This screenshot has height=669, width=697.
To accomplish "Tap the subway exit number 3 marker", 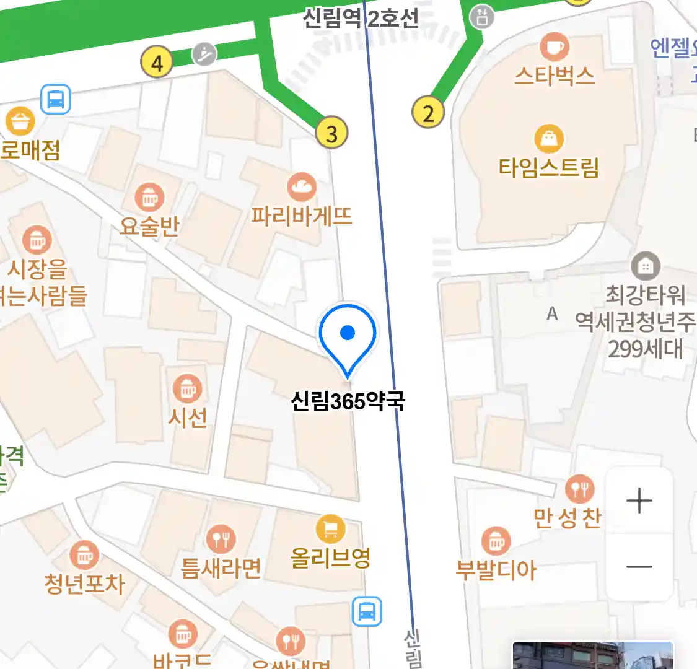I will pos(331,133).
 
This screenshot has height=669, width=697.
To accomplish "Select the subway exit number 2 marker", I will pos(428,113).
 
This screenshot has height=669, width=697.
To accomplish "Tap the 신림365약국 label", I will pos(348,401).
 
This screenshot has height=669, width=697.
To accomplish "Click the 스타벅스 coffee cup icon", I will pos(554,46).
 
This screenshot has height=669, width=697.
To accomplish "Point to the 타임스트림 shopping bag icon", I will pos(549,139).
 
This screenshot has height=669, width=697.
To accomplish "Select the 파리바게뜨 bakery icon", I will pos(302,186).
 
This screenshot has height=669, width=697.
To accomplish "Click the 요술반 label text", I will pos(149,227).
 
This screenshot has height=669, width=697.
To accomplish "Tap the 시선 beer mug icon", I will pos(188,389).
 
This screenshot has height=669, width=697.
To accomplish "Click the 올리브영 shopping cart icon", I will pos(331,530).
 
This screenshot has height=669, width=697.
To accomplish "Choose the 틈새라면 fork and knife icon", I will pos(221,540).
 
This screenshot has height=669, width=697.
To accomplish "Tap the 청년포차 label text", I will pos(84,584).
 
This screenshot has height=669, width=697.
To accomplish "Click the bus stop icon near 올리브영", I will pos(367,612).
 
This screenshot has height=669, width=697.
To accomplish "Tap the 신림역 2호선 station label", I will pos(361,18).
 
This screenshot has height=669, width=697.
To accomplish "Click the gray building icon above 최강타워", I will pos(645,267).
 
